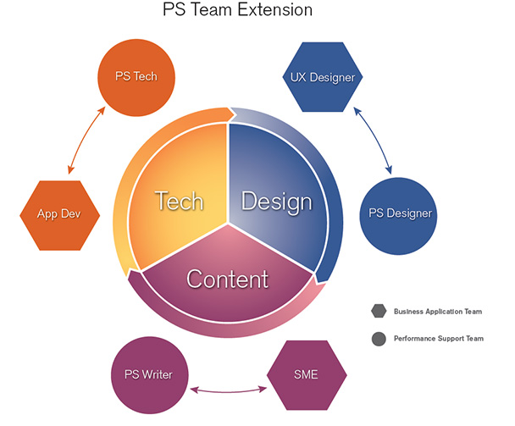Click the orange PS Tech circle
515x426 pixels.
[136, 76]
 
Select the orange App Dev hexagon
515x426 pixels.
[59, 214]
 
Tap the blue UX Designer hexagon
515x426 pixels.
[322, 78]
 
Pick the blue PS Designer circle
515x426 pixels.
[396, 213]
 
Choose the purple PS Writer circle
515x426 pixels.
[148, 373]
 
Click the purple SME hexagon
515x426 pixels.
[306, 373]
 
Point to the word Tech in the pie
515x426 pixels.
[179, 201]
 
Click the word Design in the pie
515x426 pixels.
[276, 202]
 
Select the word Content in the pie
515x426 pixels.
[227, 278]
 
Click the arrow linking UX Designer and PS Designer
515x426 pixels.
[373, 138]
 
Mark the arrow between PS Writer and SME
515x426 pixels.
[227, 390]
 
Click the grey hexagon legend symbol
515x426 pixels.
[378, 311]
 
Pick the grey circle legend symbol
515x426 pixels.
[378, 339]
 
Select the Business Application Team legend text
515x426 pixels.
[438, 312]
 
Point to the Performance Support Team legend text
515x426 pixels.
[439, 339]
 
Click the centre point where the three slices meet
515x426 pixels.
[227, 225]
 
